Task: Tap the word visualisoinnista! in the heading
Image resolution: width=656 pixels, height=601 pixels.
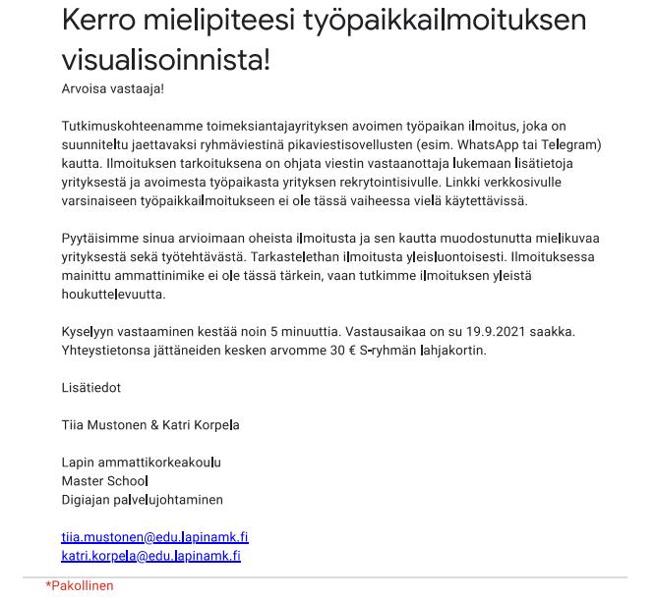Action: (165, 59)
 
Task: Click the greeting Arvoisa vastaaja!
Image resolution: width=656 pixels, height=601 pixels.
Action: (112, 88)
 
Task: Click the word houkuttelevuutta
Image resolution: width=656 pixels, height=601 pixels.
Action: (113, 294)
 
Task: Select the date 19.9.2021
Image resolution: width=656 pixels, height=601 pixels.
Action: (500, 331)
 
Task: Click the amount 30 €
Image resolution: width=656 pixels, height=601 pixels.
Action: (342, 350)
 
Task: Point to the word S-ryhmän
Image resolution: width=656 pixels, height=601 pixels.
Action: (388, 350)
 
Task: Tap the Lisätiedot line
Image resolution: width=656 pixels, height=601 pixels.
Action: (91, 387)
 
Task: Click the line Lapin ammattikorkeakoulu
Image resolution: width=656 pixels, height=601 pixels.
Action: (141, 462)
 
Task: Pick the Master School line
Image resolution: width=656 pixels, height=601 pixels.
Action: (104, 480)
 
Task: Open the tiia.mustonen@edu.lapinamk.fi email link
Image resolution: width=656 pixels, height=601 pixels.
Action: (154, 537)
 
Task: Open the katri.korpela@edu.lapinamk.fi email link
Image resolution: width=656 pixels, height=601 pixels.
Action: (150, 556)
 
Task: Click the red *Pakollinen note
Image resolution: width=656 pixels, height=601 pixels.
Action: (80, 585)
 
